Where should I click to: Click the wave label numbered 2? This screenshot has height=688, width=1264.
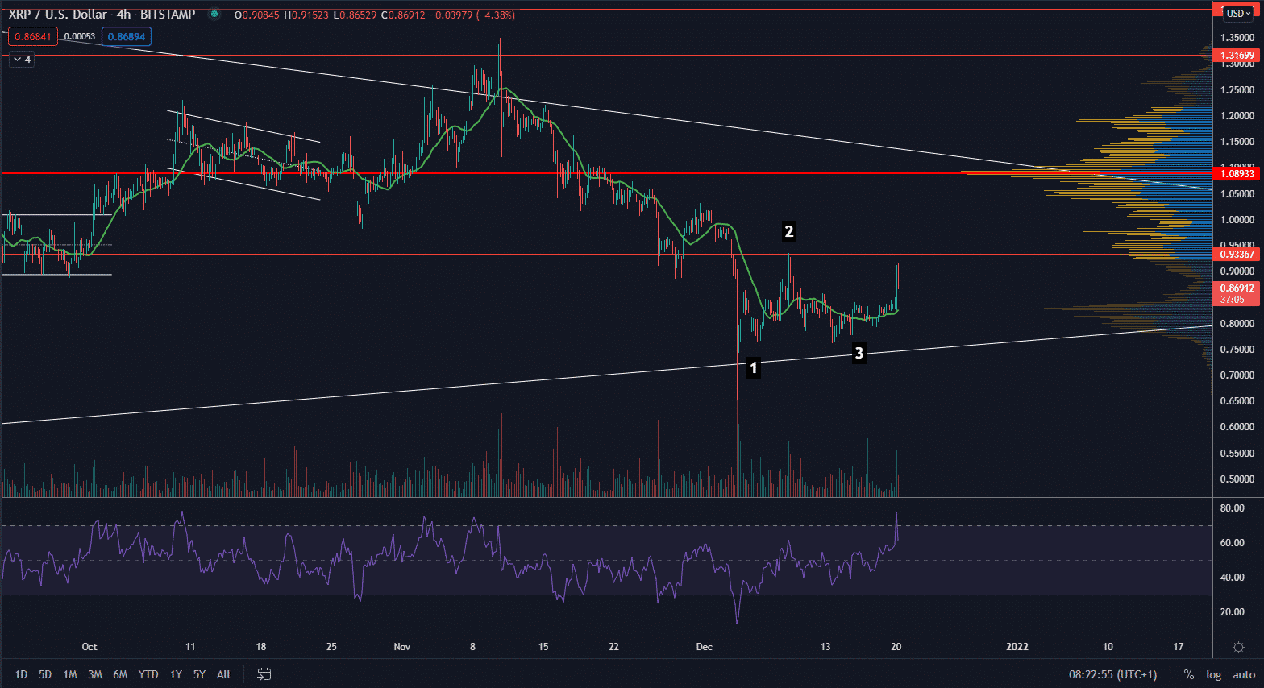click(788, 232)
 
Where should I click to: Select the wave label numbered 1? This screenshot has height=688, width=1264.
click(753, 368)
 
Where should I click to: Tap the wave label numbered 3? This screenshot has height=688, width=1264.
click(859, 353)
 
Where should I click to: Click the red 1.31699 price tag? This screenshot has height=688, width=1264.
click(1237, 56)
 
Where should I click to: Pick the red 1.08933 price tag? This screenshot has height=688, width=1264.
click(1237, 174)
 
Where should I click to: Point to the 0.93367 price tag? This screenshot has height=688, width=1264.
click(1237, 255)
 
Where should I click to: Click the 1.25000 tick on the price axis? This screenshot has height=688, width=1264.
click(1237, 90)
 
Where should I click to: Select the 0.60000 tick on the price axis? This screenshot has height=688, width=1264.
click(1237, 427)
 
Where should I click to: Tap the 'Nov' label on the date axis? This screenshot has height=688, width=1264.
click(401, 647)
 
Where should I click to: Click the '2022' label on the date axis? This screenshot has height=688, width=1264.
click(1017, 647)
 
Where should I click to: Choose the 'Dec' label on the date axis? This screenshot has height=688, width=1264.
click(705, 647)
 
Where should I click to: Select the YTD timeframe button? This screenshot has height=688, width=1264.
click(148, 674)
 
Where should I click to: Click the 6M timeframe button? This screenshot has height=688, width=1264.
click(120, 674)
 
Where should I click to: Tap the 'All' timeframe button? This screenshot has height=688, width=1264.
click(223, 674)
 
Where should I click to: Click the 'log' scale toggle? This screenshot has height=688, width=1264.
click(1213, 674)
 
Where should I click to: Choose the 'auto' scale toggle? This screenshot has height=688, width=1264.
click(1244, 674)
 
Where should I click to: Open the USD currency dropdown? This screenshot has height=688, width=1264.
click(1237, 14)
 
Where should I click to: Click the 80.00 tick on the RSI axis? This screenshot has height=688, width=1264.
click(1233, 508)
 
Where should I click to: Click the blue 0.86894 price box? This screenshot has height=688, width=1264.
click(127, 37)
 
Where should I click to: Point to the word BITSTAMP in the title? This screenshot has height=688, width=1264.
click(168, 15)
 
